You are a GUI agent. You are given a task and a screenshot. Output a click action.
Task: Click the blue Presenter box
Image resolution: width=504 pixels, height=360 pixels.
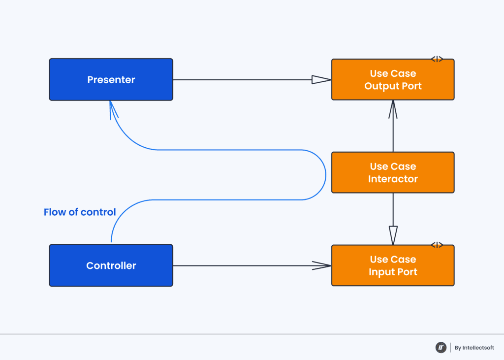(x=111, y=80)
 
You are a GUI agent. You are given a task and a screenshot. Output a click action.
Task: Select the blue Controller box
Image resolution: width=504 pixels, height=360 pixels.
(x=111, y=265)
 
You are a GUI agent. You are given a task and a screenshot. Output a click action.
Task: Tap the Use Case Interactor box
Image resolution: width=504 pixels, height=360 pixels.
(x=393, y=172)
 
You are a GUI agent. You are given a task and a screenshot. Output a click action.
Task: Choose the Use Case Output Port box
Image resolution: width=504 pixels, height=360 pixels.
(x=393, y=80)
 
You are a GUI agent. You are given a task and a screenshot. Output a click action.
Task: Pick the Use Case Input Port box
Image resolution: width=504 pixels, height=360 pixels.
(x=393, y=265)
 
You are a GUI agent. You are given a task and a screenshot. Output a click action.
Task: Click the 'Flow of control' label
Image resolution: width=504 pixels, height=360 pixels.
(x=80, y=212)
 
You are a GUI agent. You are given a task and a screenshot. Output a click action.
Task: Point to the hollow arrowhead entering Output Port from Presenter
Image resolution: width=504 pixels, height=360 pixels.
(x=321, y=80)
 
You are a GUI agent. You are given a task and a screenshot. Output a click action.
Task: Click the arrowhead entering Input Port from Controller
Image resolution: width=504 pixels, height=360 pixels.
(x=322, y=266)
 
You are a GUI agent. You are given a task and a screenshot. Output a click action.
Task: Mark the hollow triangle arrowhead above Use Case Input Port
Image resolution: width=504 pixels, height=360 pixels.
(x=393, y=235)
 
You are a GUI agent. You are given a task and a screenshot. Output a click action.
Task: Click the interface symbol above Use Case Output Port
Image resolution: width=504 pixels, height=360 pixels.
(x=437, y=59)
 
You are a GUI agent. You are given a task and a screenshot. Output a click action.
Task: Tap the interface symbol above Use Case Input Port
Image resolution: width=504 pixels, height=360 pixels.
(x=437, y=245)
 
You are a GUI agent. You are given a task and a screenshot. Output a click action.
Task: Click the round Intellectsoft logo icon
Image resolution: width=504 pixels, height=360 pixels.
(x=441, y=348)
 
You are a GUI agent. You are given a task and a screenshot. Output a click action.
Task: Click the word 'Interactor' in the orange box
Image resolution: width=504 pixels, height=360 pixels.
(x=393, y=179)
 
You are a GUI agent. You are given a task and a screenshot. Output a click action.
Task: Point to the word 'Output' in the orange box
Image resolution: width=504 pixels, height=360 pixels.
(x=379, y=86)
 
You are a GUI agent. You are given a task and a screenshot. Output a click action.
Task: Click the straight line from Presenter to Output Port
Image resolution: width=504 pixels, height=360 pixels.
(x=241, y=80)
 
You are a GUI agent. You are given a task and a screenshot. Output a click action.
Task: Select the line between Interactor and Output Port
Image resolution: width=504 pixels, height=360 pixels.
(x=393, y=135)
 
